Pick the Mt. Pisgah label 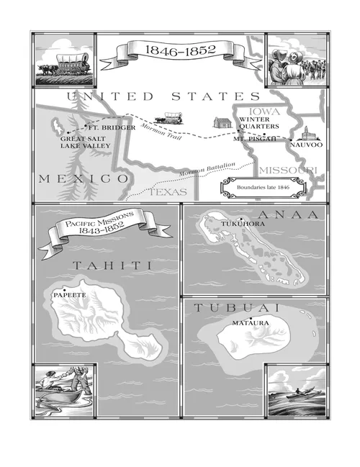pos(255,138)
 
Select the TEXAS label pos(167,192)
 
